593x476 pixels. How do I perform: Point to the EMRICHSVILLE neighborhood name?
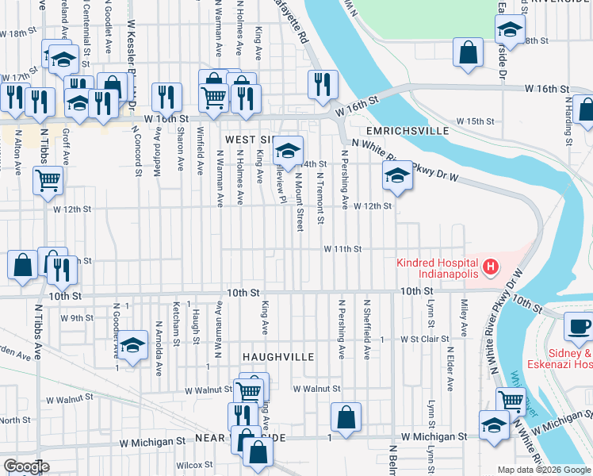click(407, 130)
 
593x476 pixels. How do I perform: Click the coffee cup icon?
click(579, 325)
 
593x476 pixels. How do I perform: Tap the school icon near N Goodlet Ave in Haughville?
click(134, 345)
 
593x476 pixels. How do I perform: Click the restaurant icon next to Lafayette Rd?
click(323, 83)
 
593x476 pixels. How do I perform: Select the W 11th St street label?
click(342, 249)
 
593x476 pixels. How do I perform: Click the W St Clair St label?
click(419, 340)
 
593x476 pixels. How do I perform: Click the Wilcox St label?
click(191, 466)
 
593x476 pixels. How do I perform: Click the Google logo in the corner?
click(25, 466)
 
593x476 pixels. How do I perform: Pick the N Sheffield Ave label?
click(366, 328)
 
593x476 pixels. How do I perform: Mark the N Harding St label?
click(568, 121)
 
